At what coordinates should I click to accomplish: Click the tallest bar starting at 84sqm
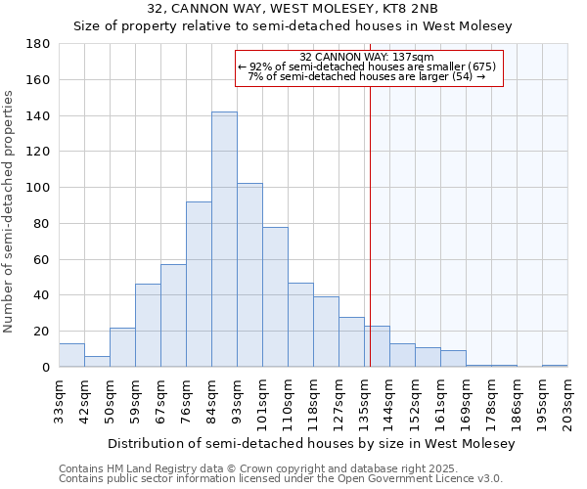(x=224, y=240)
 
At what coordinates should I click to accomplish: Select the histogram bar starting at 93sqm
(x=249, y=275)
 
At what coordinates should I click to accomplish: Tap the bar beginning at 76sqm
(x=199, y=284)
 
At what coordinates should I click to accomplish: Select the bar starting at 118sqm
(x=326, y=332)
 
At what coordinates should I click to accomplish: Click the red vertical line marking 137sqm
(x=370, y=244)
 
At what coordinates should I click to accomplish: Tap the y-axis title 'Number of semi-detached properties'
(x=10, y=211)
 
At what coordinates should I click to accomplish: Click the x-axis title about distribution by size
(x=310, y=444)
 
